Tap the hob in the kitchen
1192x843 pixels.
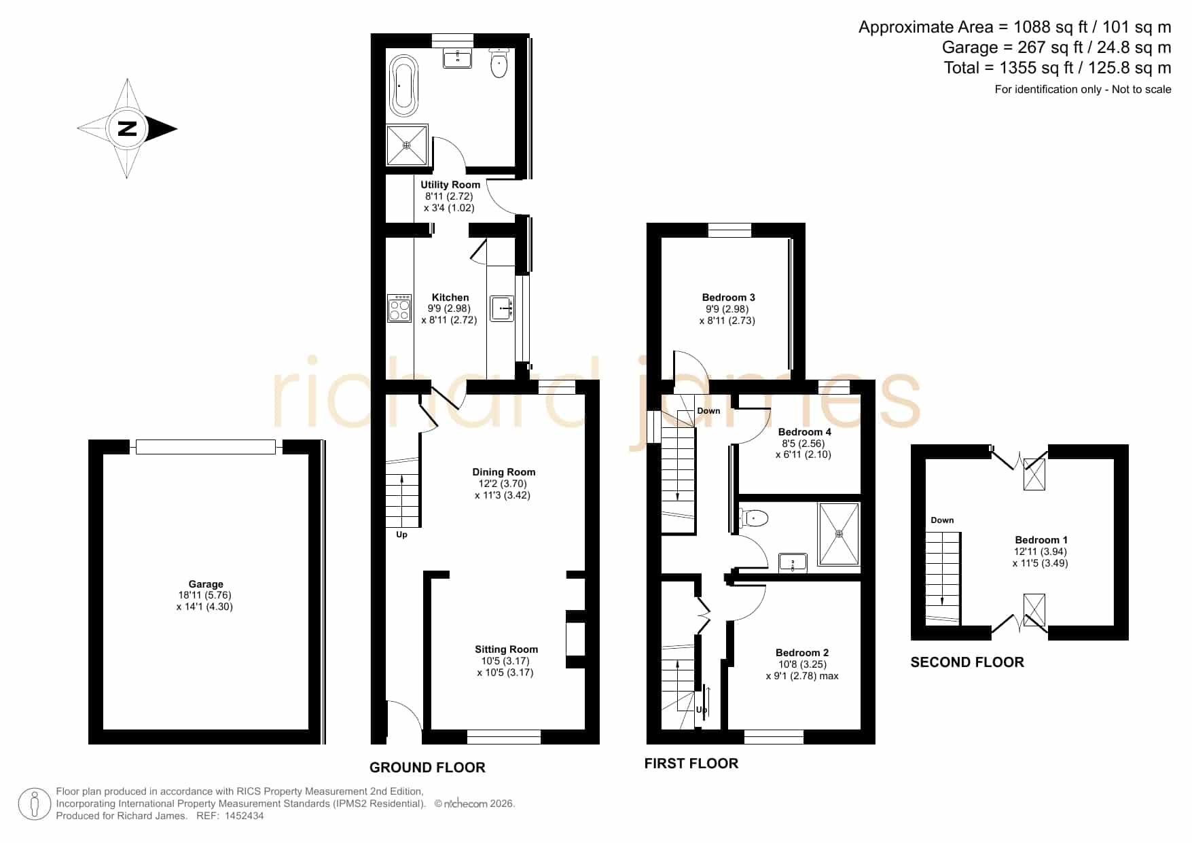tap(399, 308)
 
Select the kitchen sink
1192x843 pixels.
tap(502, 308)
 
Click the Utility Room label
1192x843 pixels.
tap(450, 185)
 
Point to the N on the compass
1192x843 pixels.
tap(127, 128)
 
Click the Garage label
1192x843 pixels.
tap(206, 584)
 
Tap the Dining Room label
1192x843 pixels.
tap(504, 472)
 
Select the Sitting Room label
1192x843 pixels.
tap(506, 649)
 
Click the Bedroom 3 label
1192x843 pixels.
tap(729, 298)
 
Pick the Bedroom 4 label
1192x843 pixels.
tap(805, 432)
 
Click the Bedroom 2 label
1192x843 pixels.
tap(802, 653)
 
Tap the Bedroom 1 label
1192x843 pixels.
tap(1041, 540)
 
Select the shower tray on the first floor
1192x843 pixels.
tap(839, 534)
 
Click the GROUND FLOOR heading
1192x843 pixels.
tap(427, 768)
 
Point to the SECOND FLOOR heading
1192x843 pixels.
tap(967, 662)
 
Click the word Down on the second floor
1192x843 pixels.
tap(942, 520)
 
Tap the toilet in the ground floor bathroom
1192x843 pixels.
tap(499, 63)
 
